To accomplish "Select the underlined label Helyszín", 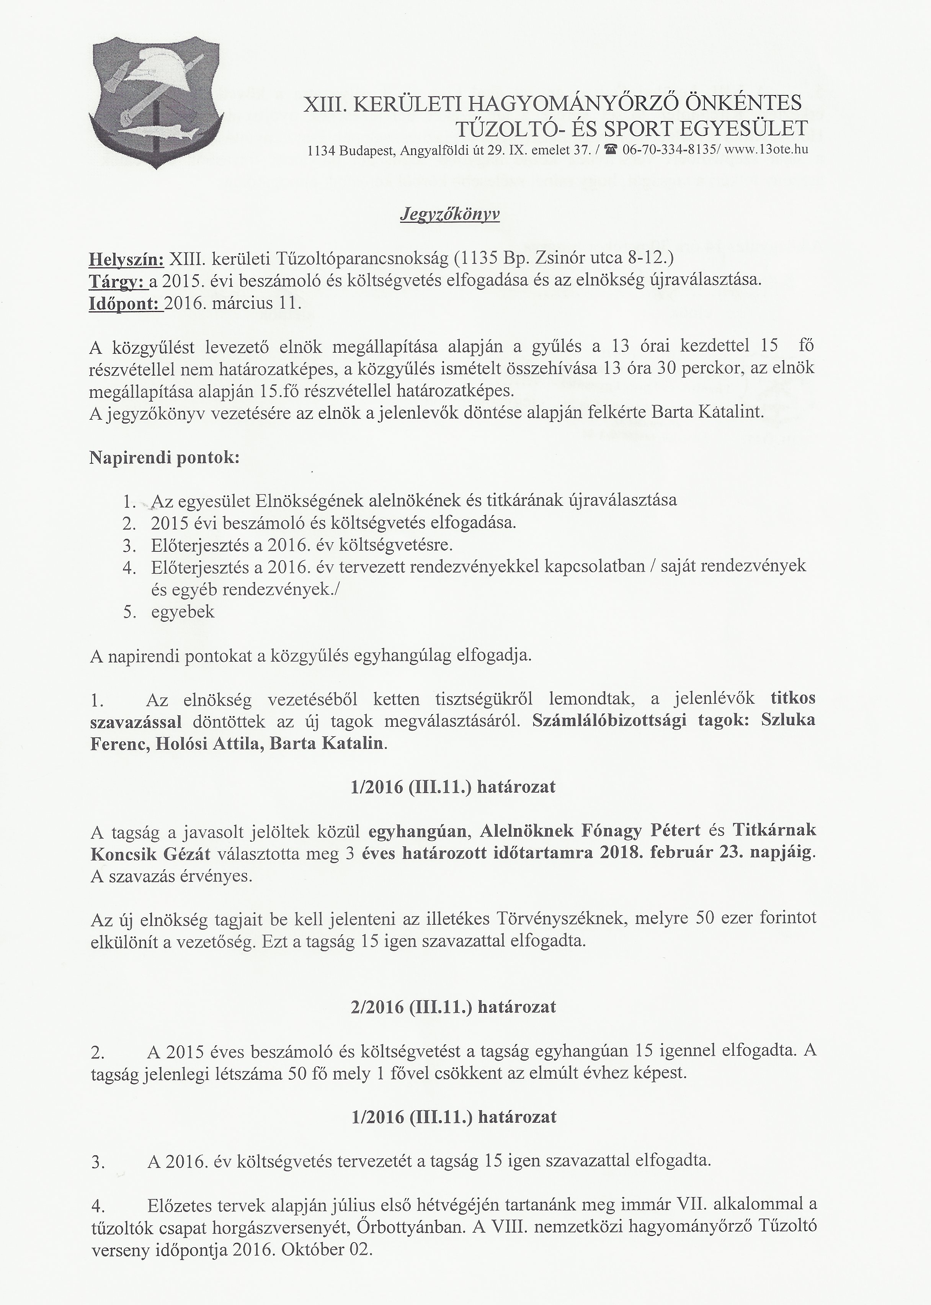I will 126,259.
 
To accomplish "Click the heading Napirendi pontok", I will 165,459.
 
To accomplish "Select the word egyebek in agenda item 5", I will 183,612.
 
